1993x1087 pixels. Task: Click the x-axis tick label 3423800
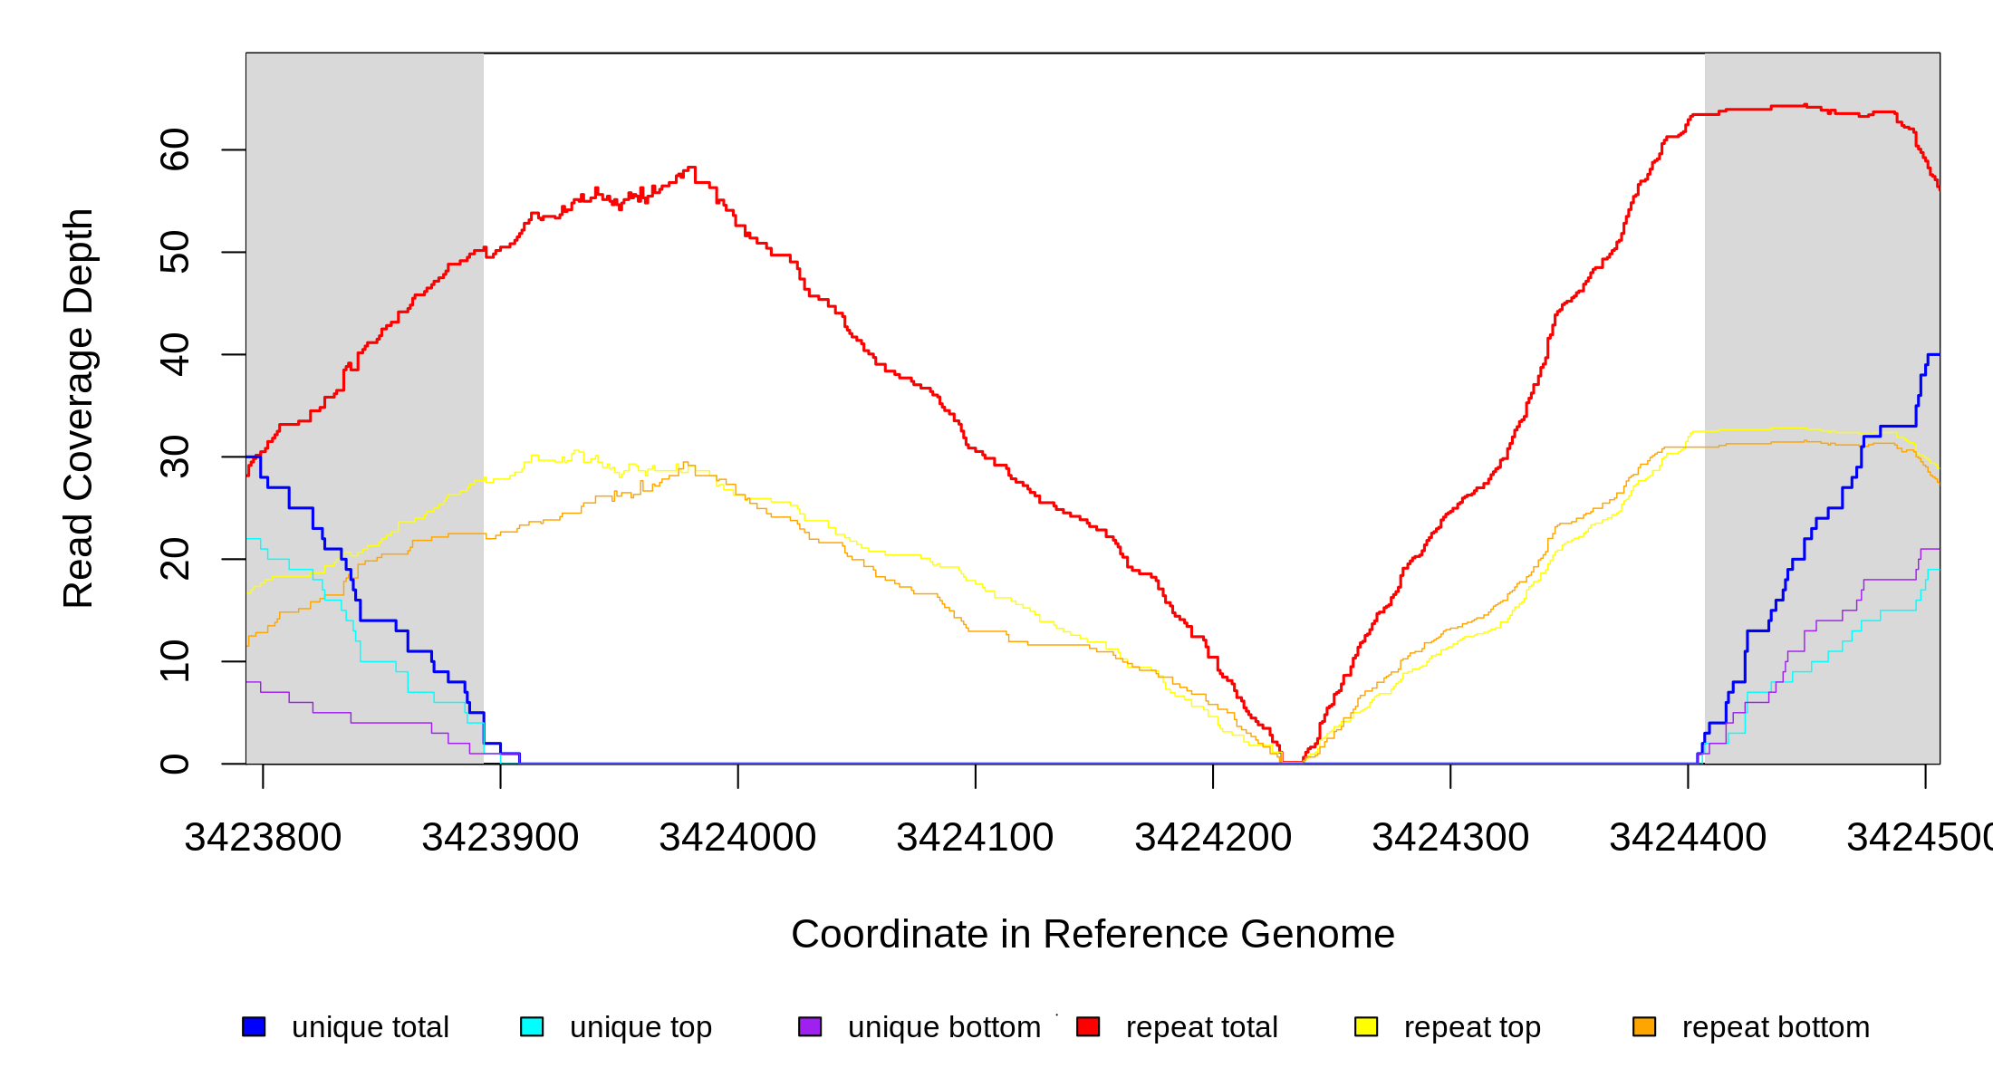pyautogui.click(x=263, y=838)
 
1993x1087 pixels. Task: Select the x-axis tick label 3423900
pyautogui.click(x=500, y=838)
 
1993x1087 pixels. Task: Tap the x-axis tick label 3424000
pyautogui.click(x=737, y=838)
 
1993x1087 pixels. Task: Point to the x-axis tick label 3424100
pyautogui.click(x=975, y=838)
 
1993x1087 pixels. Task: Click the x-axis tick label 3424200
pyautogui.click(x=1213, y=838)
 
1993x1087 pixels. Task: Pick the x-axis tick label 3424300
pyautogui.click(x=1450, y=838)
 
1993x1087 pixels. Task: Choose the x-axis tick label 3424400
pyautogui.click(x=1688, y=838)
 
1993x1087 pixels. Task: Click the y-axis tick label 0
pyautogui.click(x=175, y=764)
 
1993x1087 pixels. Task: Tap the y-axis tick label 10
pyautogui.click(x=175, y=661)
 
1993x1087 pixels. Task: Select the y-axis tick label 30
pyautogui.click(x=175, y=457)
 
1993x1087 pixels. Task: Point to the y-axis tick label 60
pyautogui.click(x=175, y=149)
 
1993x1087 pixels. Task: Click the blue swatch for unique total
pyautogui.click(x=254, y=1026)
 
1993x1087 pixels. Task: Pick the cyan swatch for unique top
pyautogui.click(x=532, y=1026)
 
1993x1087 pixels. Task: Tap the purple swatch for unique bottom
pyautogui.click(x=810, y=1026)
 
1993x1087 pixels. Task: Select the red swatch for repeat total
pyautogui.click(x=1088, y=1026)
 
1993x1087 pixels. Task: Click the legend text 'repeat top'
pyautogui.click(x=1472, y=1027)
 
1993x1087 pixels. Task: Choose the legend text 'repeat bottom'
pyautogui.click(x=1776, y=1027)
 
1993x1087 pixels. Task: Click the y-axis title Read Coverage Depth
pyautogui.click(x=79, y=408)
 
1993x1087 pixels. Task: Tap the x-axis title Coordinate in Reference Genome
pyautogui.click(x=1093, y=934)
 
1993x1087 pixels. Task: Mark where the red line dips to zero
pyautogui.click(x=1293, y=762)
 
